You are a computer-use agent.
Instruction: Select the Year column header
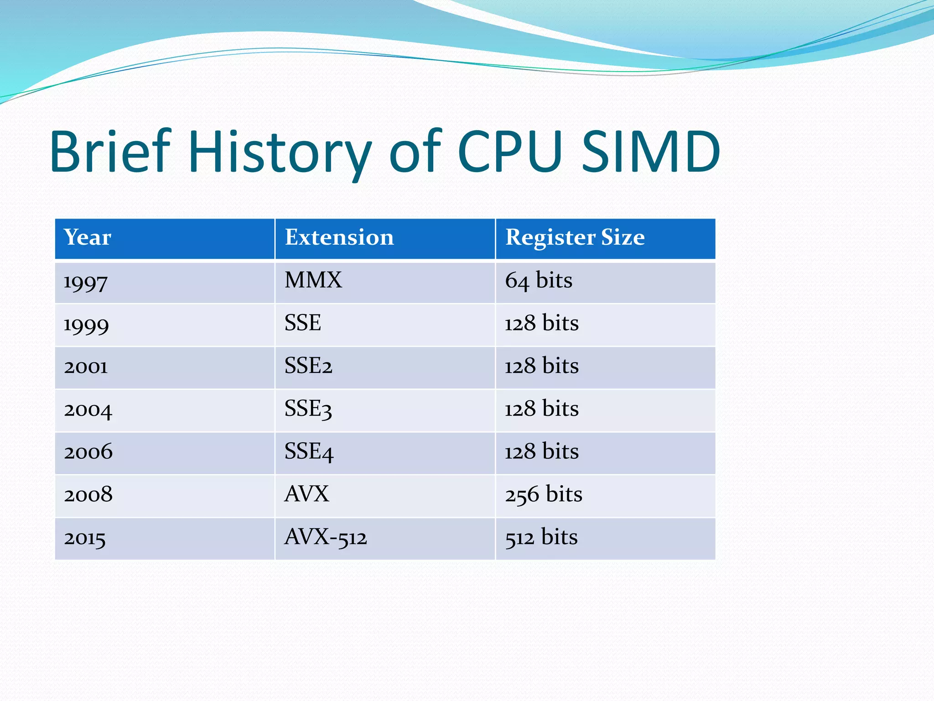[x=87, y=237]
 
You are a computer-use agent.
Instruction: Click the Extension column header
[x=339, y=237]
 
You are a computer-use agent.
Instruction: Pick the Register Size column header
[x=575, y=237]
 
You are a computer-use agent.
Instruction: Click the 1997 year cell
[x=86, y=282]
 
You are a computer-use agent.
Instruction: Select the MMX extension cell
[x=313, y=280]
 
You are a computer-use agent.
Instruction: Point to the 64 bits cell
[x=538, y=280]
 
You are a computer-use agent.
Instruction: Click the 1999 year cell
[x=86, y=324]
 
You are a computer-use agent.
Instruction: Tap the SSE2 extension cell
[x=308, y=366]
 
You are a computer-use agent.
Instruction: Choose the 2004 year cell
[x=88, y=410]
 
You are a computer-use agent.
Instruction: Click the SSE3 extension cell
[x=308, y=409]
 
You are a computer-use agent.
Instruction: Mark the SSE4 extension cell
[x=309, y=452]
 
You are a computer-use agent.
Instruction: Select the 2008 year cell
[x=88, y=495]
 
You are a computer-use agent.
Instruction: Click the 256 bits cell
[x=543, y=495]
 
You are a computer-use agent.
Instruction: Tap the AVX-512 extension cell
[x=326, y=537]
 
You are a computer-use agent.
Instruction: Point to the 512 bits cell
[x=541, y=537]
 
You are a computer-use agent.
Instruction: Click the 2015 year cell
[x=85, y=538]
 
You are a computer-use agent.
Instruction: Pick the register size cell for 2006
[x=541, y=452]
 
